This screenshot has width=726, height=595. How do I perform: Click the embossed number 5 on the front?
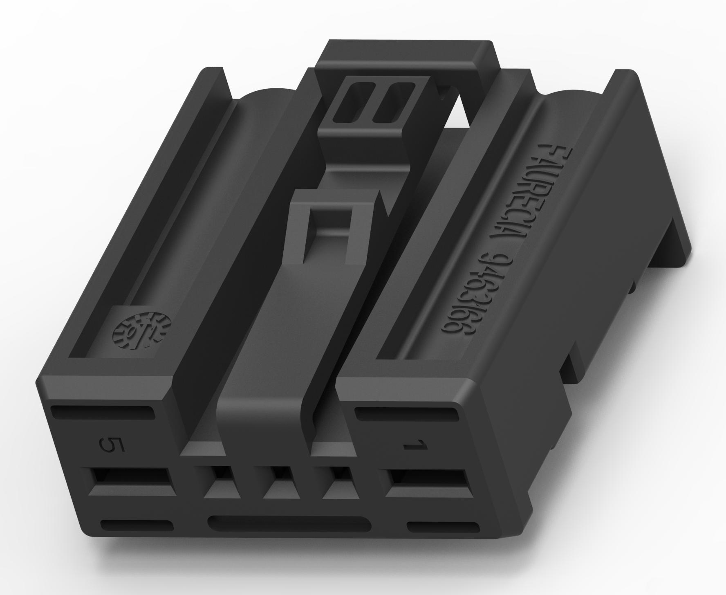[109, 446]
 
